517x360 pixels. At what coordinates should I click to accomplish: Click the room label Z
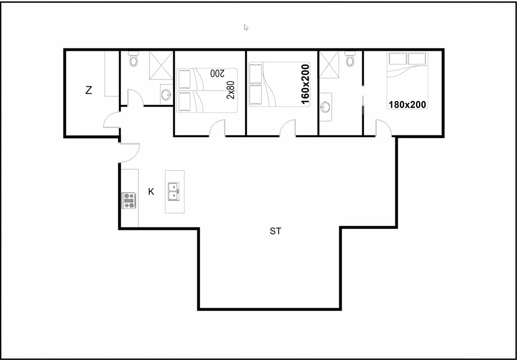tap(89, 90)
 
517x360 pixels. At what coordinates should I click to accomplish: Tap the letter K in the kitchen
tap(151, 192)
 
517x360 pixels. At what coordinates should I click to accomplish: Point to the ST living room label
tap(275, 231)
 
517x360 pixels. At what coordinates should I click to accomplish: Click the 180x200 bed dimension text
tap(407, 105)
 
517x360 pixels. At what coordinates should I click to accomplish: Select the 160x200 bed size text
tap(305, 84)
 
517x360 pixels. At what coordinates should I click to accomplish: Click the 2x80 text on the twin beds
tap(230, 90)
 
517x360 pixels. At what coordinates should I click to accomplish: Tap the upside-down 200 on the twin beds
tap(217, 73)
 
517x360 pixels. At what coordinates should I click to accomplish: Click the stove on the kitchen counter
tap(129, 200)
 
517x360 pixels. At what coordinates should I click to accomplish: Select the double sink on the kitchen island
tap(173, 192)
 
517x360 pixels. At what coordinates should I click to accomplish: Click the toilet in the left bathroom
tap(133, 59)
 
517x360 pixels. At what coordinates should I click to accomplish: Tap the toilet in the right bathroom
tap(350, 59)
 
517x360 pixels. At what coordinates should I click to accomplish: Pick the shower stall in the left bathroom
tap(161, 65)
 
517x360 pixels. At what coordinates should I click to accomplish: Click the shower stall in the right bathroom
tap(329, 65)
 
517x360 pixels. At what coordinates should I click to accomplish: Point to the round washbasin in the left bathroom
tap(166, 95)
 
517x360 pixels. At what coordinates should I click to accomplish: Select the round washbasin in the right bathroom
tap(325, 107)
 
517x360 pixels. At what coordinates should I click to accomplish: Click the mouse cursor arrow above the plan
tap(246, 27)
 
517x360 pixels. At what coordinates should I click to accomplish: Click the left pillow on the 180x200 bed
tap(398, 59)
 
